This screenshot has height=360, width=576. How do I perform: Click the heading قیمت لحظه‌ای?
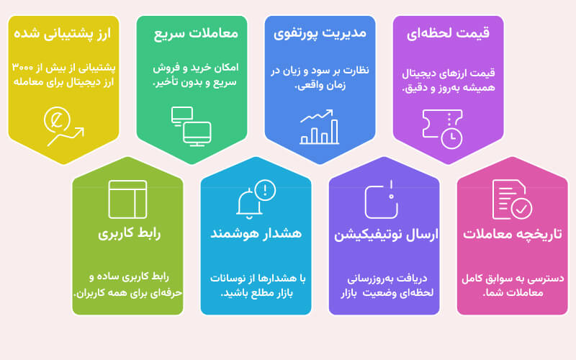click(448, 33)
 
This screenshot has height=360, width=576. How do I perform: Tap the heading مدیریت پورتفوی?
click(320, 33)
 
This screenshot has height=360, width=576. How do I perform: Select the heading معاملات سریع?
click(196, 33)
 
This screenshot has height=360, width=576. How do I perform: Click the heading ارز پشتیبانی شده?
click(63, 33)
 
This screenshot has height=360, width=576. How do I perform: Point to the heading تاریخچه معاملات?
click(513, 233)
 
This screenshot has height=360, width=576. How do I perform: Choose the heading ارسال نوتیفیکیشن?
click(386, 235)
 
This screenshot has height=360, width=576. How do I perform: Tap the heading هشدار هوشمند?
click(256, 233)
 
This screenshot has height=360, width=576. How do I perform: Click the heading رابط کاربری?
click(129, 233)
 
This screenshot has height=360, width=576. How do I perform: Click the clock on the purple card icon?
click(451, 138)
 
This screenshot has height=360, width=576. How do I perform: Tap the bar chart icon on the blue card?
click(319, 127)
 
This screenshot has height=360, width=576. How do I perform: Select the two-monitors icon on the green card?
click(191, 127)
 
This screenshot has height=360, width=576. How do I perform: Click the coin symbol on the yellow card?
click(57, 120)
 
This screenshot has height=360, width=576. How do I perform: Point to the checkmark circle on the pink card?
click(521, 208)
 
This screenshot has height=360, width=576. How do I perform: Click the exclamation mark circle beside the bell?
click(265, 190)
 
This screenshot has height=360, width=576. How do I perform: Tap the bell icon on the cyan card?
click(249, 204)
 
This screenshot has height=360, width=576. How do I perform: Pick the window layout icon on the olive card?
click(127, 199)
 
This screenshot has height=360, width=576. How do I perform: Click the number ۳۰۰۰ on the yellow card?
click(23, 67)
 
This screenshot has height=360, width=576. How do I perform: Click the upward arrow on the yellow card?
click(66, 137)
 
